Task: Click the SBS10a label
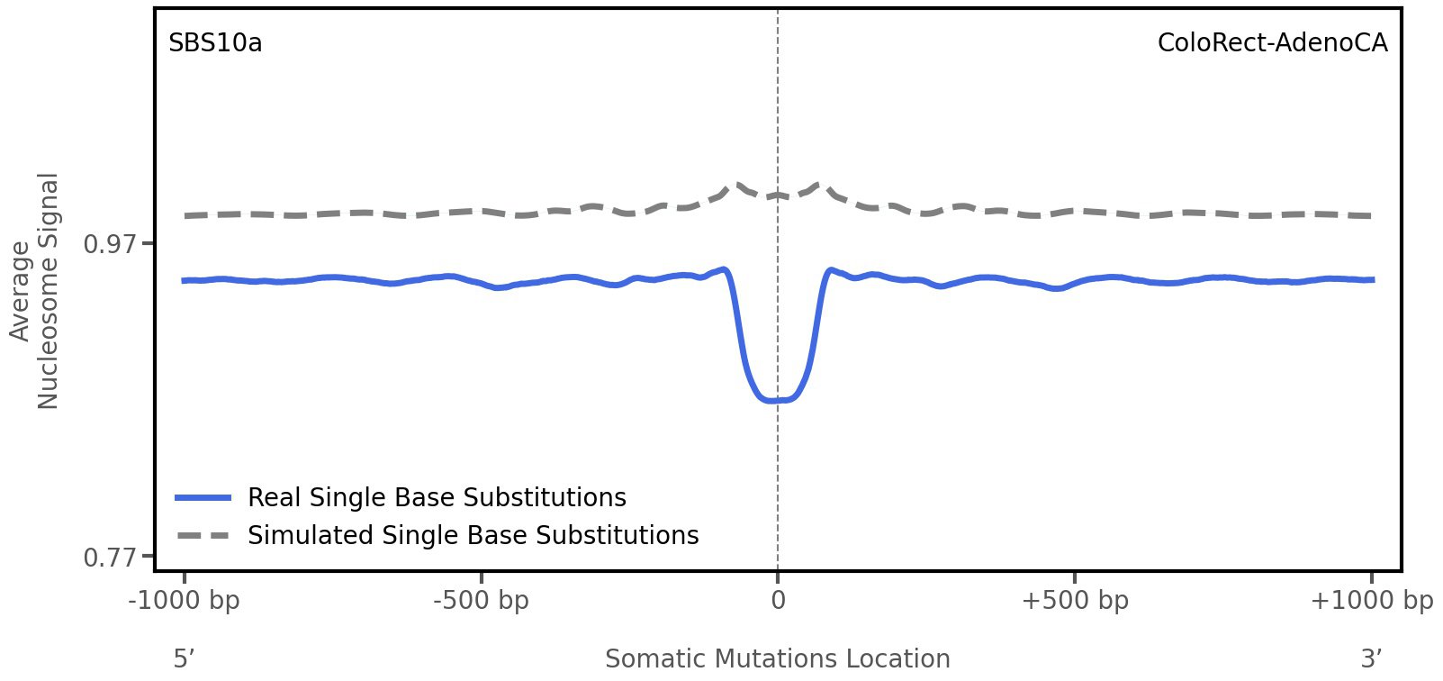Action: [x=215, y=43]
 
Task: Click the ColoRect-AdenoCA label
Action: [x=1272, y=43]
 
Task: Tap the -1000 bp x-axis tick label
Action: [x=185, y=601]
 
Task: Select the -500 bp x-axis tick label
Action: [x=481, y=601]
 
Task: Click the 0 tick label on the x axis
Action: [x=778, y=601]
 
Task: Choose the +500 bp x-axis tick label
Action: [x=1074, y=601]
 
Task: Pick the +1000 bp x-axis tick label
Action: [x=1370, y=601]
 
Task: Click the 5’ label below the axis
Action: [x=184, y=659]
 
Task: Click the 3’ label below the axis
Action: [x=1371, y=659]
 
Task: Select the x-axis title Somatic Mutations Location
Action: [x=777, y=659]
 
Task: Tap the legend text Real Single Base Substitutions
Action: [x=437, y=497]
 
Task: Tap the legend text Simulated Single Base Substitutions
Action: [x=473, y=535]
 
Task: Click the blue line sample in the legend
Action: [x=203, y=497]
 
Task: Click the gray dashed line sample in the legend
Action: [x=203, y=535]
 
